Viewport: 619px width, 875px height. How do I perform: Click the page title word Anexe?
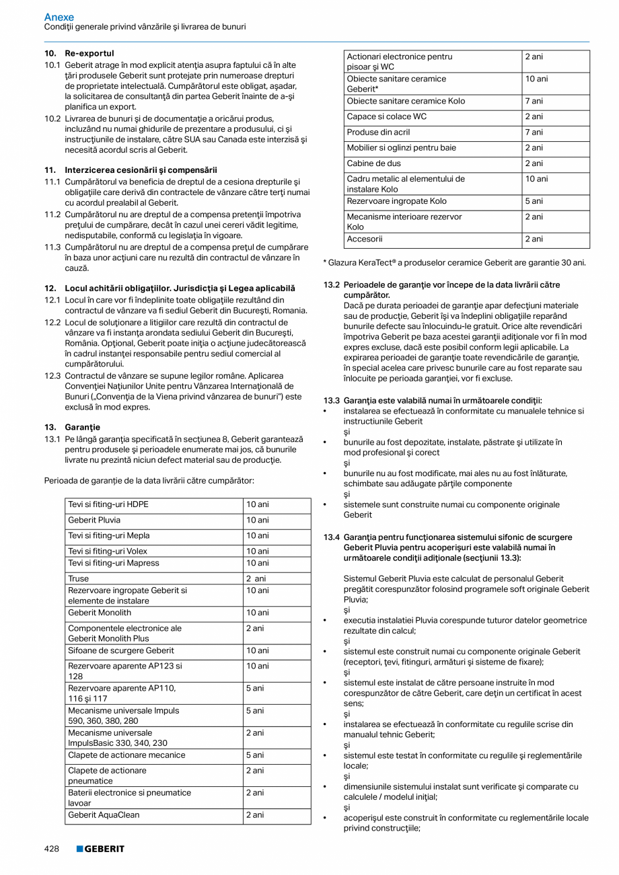(x=59, y=17)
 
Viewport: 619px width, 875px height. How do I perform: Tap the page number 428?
(x=52, y=849)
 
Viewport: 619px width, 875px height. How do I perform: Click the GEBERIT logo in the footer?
(x=100, y=849)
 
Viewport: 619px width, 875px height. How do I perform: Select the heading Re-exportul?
(x=89, y=53)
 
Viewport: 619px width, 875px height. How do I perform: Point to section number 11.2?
(x=52, y=214)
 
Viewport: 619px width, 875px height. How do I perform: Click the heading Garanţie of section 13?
(x=82, y=427)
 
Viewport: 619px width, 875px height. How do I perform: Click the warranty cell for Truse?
(x=256, y=578)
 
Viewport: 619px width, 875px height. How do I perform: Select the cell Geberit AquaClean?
(x=104, y=815)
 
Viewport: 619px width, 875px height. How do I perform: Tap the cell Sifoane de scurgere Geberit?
(x=120, y=651)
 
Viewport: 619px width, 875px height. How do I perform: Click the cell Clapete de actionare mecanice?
(x=126, y=755)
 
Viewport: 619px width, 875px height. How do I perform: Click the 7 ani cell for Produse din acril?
(x=534, y=132)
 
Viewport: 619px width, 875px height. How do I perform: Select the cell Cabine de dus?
(x=373, y=163)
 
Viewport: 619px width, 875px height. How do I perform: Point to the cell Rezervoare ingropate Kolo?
(x=396, y=201)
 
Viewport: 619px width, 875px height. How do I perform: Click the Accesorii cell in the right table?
(x=365, y=239)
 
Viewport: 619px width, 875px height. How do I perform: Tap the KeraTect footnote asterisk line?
(x=454, y=263)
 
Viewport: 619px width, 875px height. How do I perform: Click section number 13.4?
(x=331, y=537)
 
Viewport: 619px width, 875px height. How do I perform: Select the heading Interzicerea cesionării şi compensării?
(x=141, y=170)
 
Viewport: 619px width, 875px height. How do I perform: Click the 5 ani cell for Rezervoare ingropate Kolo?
(x=534, y=201)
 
